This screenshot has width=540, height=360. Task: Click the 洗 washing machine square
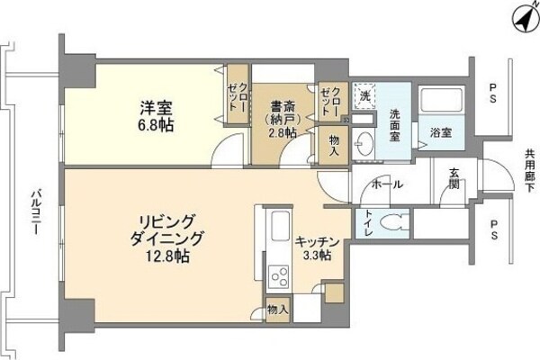tap(364, 95)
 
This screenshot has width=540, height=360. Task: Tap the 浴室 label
tap(440, 132)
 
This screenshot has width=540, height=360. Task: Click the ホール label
tap(388, 185)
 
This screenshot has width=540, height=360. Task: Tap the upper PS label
tap(492, 88)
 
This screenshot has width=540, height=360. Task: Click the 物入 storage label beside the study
tap(334, 145)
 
